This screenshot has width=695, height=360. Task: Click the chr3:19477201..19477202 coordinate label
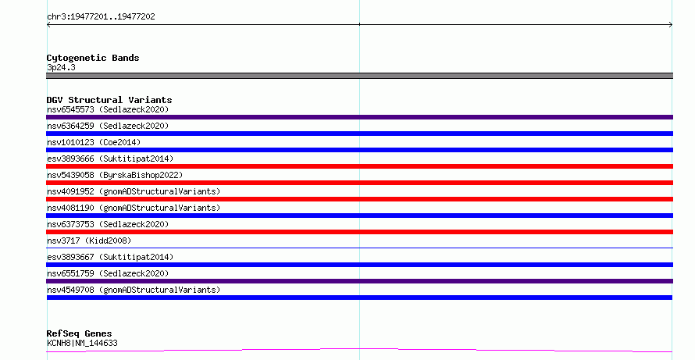click(x=101, y=16)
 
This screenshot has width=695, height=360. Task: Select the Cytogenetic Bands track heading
click(x=93, y=58)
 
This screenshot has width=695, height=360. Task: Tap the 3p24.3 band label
click(x=61, y=67)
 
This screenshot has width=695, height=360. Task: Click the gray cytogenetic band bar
click(x=359, y=76)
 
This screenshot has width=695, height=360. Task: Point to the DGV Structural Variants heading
click(x=109, y=100)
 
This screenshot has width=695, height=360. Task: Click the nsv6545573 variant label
click(x=108, y=109)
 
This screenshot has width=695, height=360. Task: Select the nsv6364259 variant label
click(x=108, y=126)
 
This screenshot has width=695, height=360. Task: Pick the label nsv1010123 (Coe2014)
click(x=94, y=142)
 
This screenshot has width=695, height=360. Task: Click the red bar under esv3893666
click(x=359, y=166)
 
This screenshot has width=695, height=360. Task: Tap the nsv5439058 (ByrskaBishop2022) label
click(x=115, y=175)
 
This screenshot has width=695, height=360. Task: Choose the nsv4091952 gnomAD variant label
click(x=134, y=191)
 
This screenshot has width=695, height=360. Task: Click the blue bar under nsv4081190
click(x=359, y=216)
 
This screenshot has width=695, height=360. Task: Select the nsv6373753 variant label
click(x=108, y=224)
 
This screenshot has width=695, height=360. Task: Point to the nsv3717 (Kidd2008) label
click(x=89, y=241)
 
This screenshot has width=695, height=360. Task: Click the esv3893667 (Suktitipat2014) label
click(x=110, y=257)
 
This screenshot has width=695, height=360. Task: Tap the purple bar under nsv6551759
click(x=359, y=281)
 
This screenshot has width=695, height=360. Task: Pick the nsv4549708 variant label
click(x=134, y=290)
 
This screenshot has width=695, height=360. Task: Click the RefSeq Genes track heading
click(x=80, y=333)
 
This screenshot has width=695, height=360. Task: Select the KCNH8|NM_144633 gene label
click(x=82, y=343)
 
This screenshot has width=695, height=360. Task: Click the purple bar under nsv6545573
click(x=359, y=117)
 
